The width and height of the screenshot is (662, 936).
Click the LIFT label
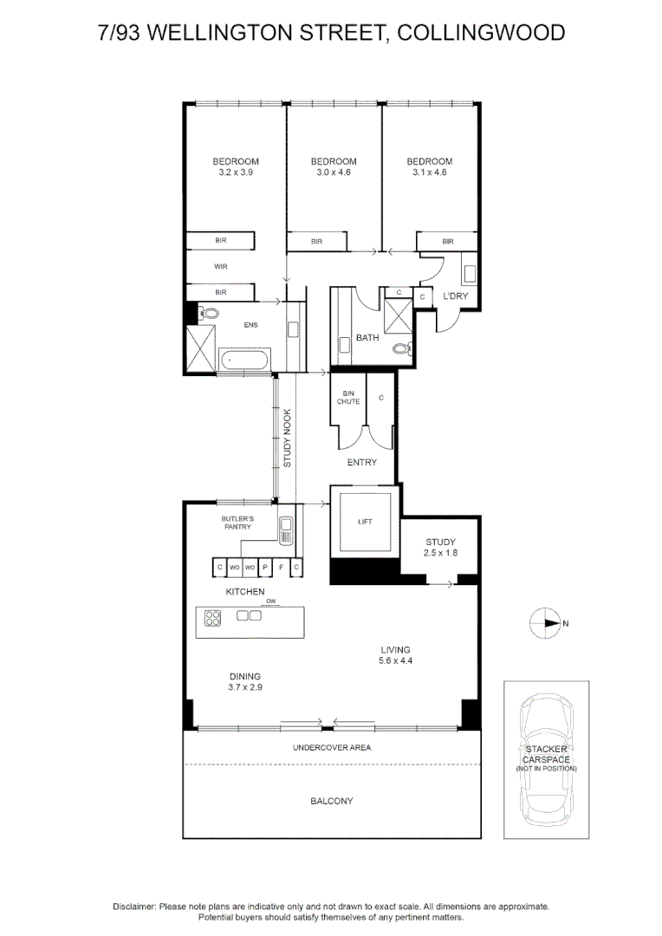click(365, 522)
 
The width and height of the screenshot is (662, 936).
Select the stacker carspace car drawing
click(546, 759)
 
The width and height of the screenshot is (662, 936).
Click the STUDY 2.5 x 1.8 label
click(440, 548)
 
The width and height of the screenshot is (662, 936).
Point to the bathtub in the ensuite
click(245, 361)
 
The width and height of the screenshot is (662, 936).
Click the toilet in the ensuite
click(208, 313)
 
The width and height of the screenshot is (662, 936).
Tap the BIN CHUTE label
click(348, 398)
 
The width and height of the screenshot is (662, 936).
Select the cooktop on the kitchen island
click(212, 618)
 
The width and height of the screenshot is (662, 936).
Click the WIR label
click(221, 267)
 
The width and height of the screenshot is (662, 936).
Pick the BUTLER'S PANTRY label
click(237, 523)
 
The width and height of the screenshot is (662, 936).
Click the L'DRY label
click(456, 296)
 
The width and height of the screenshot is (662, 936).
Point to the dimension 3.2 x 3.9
click(236, 172)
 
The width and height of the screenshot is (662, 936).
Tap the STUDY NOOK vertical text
click(287, 439)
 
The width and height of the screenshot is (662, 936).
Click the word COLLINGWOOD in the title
click(481, 33)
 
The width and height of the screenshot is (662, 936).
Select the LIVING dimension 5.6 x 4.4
click(395, 660)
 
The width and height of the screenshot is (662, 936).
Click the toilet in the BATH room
click(403, 348)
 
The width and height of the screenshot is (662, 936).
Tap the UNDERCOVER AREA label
click(332, 747)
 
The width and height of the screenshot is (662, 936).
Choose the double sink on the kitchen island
click(249, 615)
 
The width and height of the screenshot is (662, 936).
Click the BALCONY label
click(332, 801)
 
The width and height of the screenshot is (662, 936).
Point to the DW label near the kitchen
click(271, 601)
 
